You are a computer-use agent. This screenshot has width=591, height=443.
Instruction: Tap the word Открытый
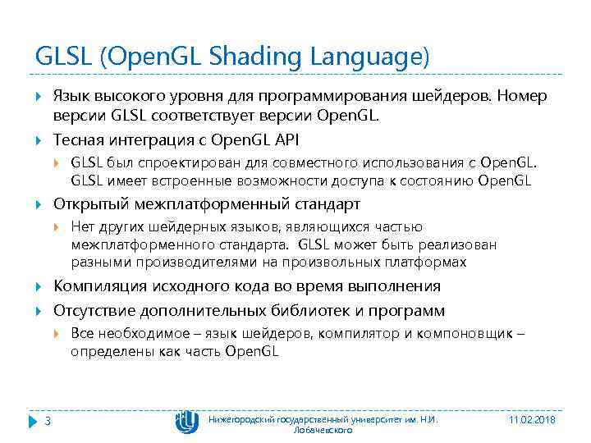(86, 203)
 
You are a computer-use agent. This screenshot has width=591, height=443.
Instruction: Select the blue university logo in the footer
(186, 422)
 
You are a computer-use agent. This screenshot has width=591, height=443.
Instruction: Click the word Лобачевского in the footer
(323, 429)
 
